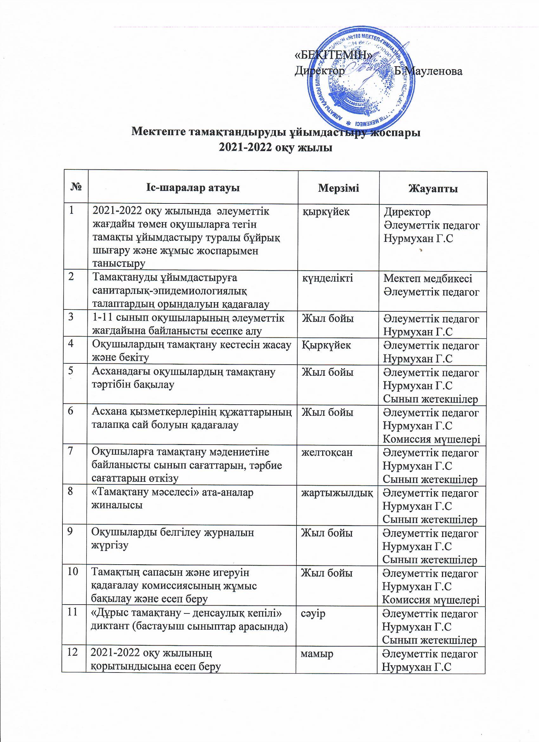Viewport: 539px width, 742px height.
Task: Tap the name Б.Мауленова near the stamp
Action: tap(428, 71)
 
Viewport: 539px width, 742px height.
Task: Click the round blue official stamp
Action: tap(360, 83)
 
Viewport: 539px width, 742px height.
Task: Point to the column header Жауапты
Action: tap(433, 189)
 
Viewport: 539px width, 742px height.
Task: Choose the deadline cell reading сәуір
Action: tap(313, 613)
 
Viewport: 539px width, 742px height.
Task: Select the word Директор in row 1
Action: tap(407, 212)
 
